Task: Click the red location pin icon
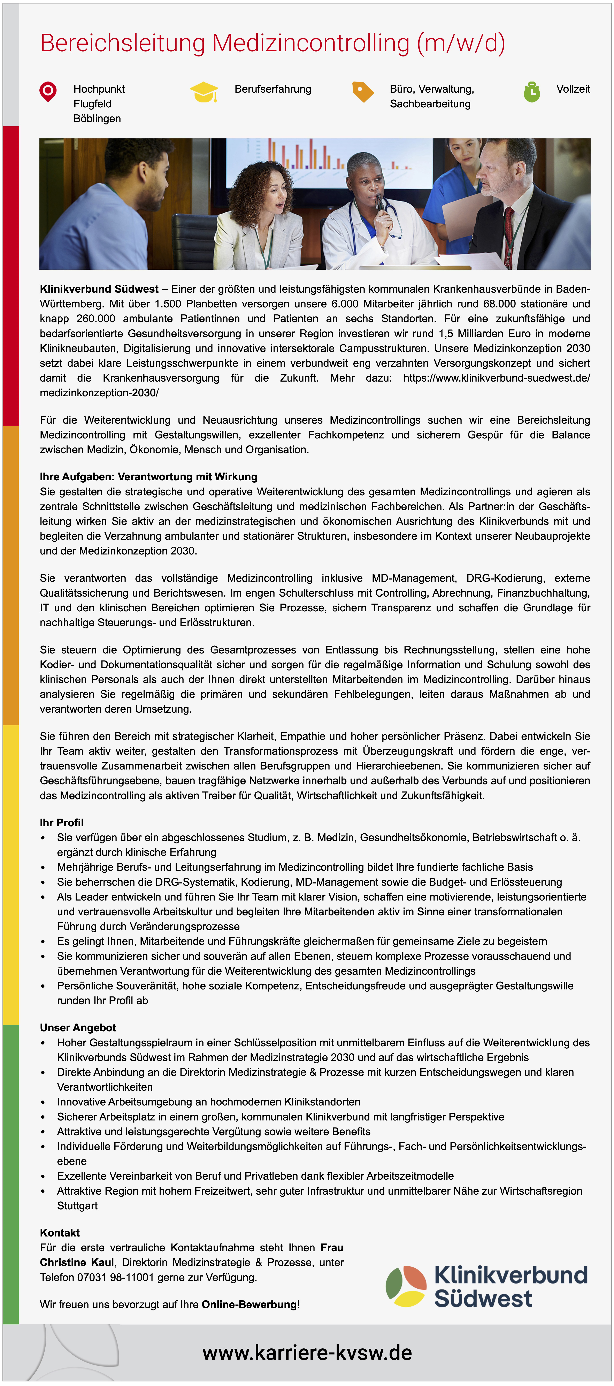pos(48,91)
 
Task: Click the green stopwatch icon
pos(532,91)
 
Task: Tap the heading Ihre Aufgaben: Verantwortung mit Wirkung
pos(148,477)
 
